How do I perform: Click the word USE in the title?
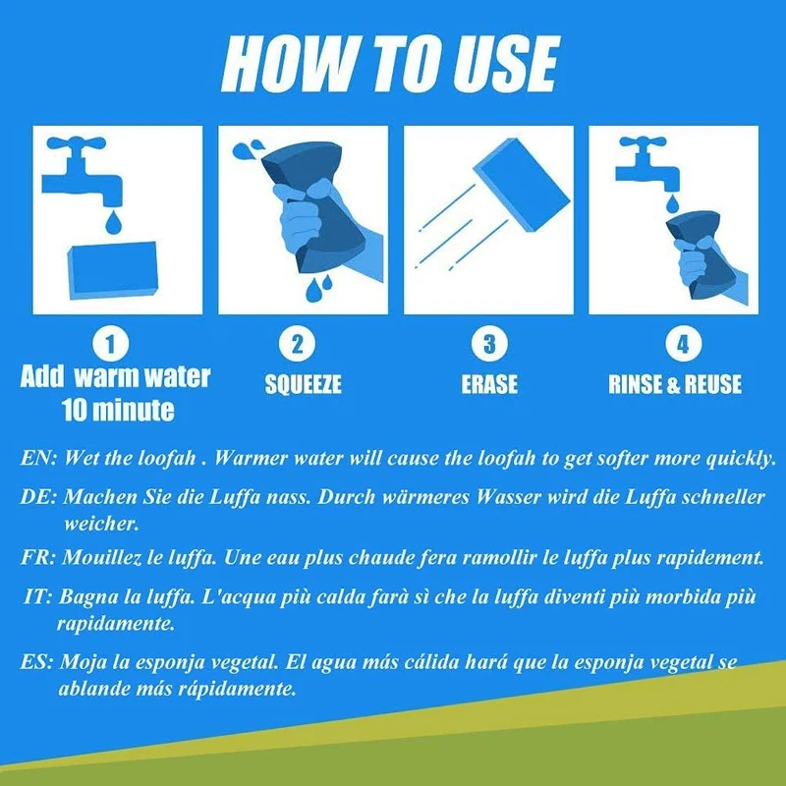[x=505, y=65]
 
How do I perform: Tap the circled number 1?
[x=111, y=345]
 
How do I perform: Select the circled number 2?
[x=298, y=345]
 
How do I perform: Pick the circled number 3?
[x=489, y=345]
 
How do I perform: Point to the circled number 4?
[x=683, y=345]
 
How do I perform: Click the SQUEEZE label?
[x=303, y=384]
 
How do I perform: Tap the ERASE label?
[x=489, y=384]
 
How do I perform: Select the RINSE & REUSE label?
[x=675, y=384]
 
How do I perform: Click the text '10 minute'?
[x=118, y=411]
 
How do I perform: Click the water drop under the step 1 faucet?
[x=113, y=222]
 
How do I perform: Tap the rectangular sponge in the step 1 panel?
[x=113, y=271]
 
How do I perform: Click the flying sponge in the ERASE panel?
[x=522, y=185]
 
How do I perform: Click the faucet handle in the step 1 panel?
[x=77, y=143]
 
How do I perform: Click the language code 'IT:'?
[x=38, y=597]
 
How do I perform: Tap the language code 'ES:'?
[x=36, y=662]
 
